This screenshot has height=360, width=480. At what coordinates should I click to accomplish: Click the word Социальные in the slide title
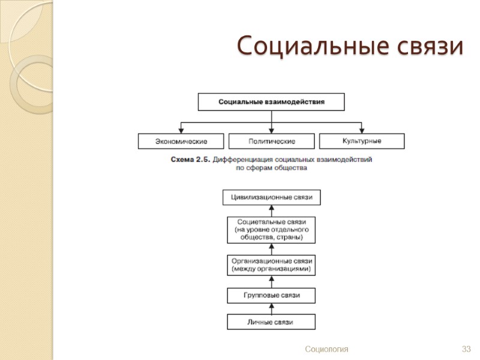pyautogui.click(x=312, y=46)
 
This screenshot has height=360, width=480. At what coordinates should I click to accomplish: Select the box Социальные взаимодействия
pyautogui.click(x=271, y=102)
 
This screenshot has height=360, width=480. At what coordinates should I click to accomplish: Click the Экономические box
pyautogui.click(x=181, y=142)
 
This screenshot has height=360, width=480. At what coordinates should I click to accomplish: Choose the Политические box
pyautogui.click(x=272, y=142)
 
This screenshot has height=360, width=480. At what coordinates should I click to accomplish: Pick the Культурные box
pyautogui.click(x=362, y=141)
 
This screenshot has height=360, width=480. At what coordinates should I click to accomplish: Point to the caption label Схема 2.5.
pyautogui.click(x=190, y=160)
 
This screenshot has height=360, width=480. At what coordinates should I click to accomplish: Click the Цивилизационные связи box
pyautogui.click(x=271, y=197)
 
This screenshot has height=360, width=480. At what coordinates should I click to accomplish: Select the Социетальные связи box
pyautogui.click(x=271, y=229)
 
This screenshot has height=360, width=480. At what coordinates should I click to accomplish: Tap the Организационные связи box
pyautogui.click(x=271, y=265)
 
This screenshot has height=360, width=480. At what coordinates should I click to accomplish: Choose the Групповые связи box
pyautogui.click(x=271, y=296)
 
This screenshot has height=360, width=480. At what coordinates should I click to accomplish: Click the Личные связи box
pyautogui.click(x=271, y=322)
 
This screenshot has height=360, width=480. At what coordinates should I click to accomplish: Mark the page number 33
pyautogui.click(x=466, y=349)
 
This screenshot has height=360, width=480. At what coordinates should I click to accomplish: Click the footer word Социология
pyautogui.click(x=326, y=349)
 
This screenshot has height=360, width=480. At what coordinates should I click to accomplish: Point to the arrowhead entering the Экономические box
pyautogui.click(x=181, y=130)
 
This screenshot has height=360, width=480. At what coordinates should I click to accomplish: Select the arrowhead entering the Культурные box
pyautogui.click(x=362, y=130)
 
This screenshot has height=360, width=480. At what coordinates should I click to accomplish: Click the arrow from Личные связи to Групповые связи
pyautogui.click(x=271, y=308)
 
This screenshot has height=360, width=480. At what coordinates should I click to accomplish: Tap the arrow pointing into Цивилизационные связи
pyautogui.click(x=271, y=210)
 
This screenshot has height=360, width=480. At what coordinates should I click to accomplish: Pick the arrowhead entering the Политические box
pyautogui.click(x=272, y=130)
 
